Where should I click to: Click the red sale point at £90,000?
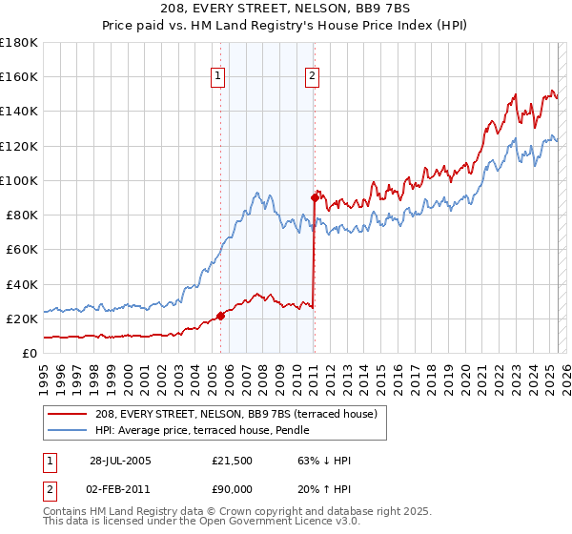click(x=314, y=198)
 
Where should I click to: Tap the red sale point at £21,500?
click(x=220, y=316)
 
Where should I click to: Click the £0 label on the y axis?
click(x=29, y=353)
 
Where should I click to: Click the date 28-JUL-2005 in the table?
click(x=120, y=461)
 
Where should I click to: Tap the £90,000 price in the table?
click(x=233, y=488)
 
